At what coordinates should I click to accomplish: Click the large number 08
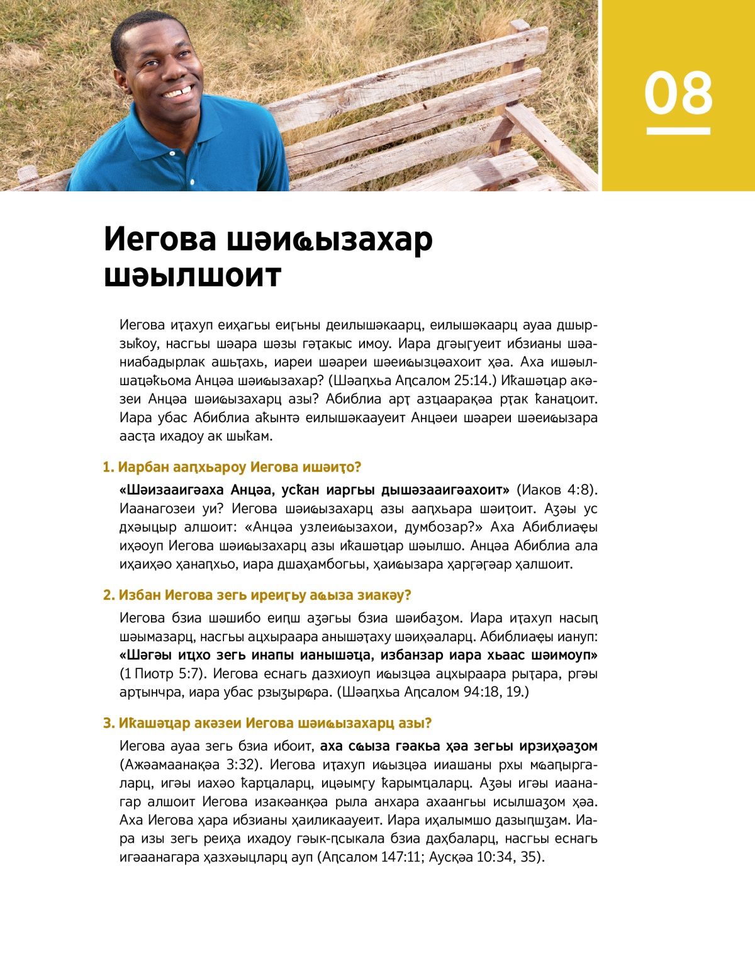click(678, 93)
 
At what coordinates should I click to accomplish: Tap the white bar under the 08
click(678, 131)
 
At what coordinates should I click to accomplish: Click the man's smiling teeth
click(177, 93)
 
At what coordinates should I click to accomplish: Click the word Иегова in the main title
click(160, 240)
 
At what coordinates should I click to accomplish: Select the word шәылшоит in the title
click(193, 276)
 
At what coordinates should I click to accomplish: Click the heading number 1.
click(107, 468)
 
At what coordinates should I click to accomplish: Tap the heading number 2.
click(108, 595)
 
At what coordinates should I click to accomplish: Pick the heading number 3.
click(108, 724)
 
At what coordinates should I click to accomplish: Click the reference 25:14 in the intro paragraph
click(467, 381)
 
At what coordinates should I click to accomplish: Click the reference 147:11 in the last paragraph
click(401, 858)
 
